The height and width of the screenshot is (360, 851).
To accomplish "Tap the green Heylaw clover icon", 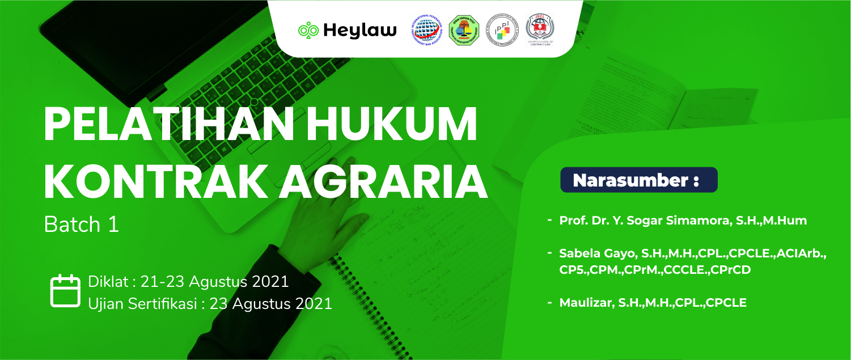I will [x=308, y=30].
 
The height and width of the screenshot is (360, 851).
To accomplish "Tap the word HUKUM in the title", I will [x=391, y=125].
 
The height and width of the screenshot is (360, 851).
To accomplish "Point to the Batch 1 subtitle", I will [x=82, y=225].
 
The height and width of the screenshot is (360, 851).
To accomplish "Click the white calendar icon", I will [x=65, y=291].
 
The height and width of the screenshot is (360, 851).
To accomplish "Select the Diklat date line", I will [x=188, y=281].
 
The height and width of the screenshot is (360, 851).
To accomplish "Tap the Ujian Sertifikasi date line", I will [x=210, y=303].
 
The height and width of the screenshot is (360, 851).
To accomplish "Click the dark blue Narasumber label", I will [x=638, y=180].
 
